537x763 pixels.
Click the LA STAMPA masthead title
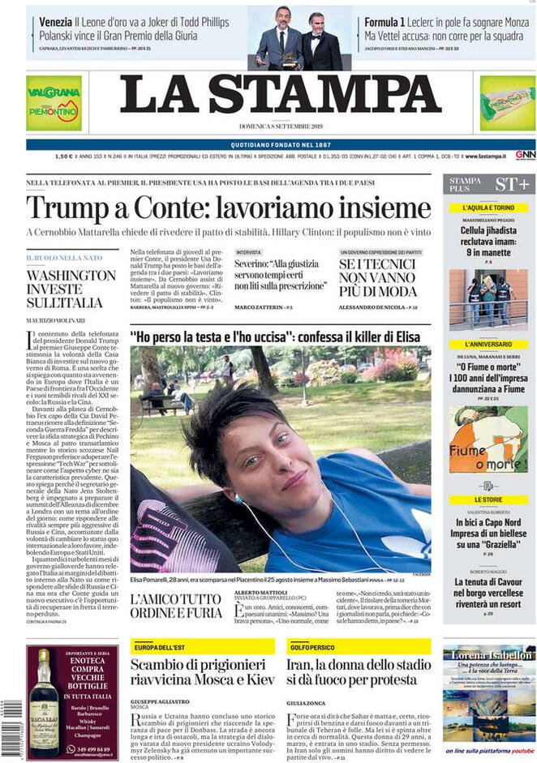[x=281, y=96]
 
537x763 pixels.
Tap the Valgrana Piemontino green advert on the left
[x=54, y=103]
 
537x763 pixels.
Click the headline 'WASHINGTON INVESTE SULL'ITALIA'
[x=71, y=289]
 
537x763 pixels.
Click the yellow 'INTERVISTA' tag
[x=249, y=252]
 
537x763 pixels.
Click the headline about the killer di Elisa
[x=280, y=336]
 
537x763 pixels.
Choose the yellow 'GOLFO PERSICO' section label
[x=313, y=646]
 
